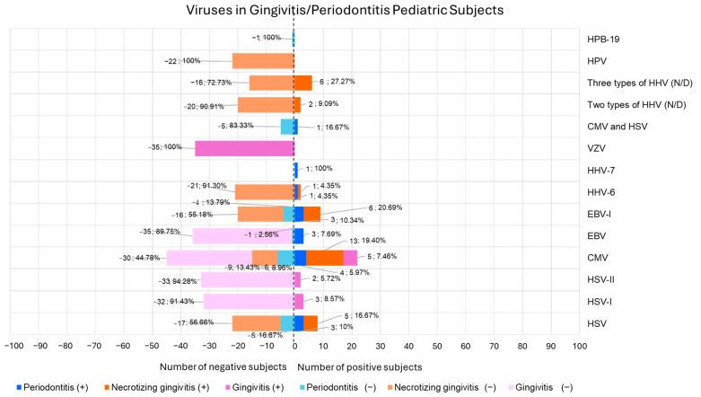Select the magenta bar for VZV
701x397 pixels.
[244, 147]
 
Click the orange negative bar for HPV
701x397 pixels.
[262, 61]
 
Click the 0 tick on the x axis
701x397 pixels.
[294, 345]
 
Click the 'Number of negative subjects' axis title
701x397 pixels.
[224, 366]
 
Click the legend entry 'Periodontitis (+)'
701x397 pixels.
[56, 387]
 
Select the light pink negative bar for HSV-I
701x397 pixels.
[248, 301]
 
